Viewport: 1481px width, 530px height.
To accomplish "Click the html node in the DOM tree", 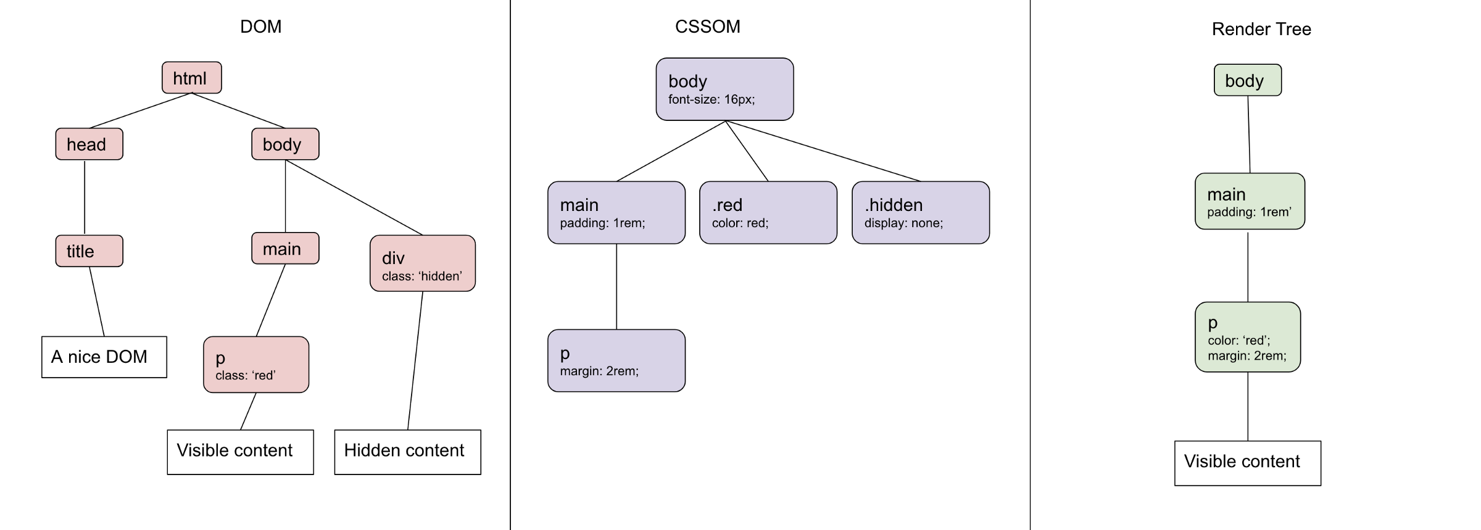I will [191, 78].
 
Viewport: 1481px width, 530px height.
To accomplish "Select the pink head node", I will [89, 144].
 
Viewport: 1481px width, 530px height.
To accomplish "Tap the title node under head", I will [89, 251].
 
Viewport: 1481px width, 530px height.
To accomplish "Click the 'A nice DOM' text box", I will [104, 357].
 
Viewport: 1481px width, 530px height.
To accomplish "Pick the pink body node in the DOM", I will [285, 144].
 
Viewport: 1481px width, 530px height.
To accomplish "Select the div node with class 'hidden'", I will [422, 263].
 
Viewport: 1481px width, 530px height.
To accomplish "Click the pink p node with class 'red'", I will [256, 365].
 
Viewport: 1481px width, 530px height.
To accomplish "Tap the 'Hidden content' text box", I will [407, 452].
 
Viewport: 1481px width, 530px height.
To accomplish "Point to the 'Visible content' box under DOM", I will [240, 452].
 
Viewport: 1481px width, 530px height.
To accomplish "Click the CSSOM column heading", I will [707, 27].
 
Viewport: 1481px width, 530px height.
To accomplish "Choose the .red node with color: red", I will [768, 212].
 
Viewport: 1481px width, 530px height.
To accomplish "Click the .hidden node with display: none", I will [920, 212].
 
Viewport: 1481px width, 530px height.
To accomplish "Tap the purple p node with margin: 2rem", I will [616, 360].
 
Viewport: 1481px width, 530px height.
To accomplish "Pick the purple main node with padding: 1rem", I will [616, 212].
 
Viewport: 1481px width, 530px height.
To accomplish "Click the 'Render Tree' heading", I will [1261, 29].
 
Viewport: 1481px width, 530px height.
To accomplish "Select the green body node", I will [1247, 80].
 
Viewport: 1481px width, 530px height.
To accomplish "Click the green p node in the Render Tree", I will [1247, 337].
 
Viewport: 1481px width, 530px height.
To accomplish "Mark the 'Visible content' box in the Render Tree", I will [1247, 463].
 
